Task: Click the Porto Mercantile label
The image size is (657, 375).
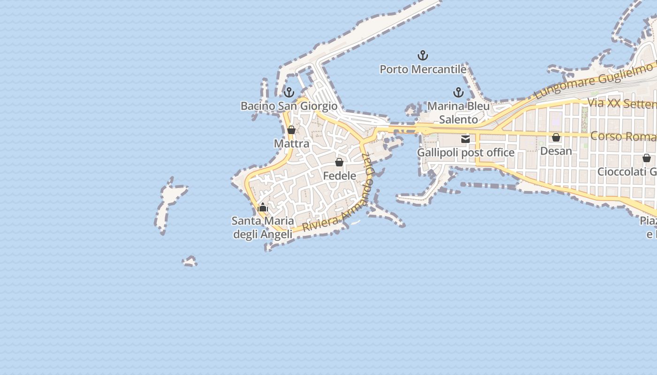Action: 423,69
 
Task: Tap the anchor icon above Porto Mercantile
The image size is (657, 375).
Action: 423,56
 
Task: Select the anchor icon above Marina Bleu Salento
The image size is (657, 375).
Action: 458,92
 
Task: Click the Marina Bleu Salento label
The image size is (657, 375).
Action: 458,113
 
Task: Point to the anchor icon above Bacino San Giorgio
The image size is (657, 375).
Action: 289,92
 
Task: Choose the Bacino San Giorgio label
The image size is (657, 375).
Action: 289,106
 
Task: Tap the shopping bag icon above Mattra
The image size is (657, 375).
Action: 291,130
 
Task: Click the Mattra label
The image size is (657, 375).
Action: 291,143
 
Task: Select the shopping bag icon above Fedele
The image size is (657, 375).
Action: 339,162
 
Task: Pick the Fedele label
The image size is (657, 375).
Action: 339,176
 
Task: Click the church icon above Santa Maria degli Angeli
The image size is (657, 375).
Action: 263,207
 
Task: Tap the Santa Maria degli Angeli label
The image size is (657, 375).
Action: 263,227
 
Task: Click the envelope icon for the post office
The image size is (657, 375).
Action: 466,139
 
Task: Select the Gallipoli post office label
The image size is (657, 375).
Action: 466,153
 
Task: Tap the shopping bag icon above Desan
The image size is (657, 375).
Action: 556,137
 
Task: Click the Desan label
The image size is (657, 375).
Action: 556,151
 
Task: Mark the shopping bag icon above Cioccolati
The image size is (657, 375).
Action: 647,158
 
